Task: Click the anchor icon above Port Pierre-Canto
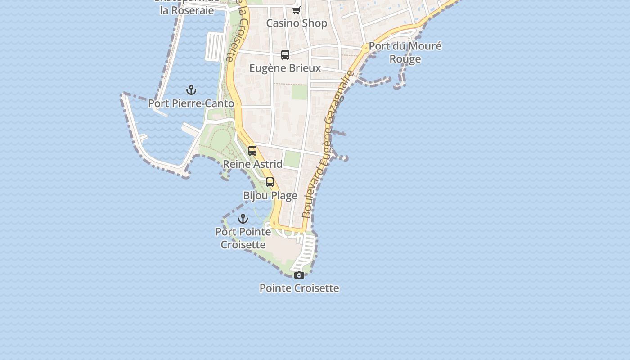coord(191,90)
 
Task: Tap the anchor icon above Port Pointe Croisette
coord(243,219)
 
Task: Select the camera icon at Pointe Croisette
coord(299,275)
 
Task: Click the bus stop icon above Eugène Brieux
coord(285,55)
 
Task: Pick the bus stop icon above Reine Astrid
coord(252,151)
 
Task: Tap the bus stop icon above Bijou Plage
coord(270,182)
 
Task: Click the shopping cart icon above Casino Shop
coord(296,10)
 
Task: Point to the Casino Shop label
coord(297,23)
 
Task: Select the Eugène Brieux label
coord(285,68)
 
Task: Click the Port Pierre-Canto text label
coord(191,103)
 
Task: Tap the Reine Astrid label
coord(253,164)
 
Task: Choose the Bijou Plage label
coord(270,196)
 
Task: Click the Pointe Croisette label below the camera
coord(299,288)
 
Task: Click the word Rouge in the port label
coord(405,59)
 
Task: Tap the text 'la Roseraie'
coord(187,10)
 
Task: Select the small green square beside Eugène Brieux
coord(299,92)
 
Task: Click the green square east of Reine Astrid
coord(292,159)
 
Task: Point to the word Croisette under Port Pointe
coord(243,245)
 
